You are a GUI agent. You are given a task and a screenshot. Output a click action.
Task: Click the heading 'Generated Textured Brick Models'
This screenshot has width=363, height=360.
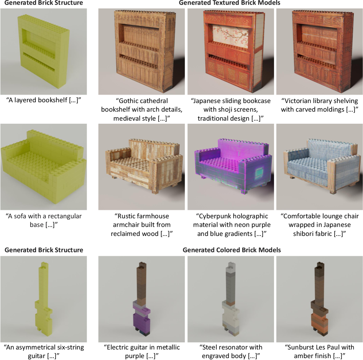[230, 3]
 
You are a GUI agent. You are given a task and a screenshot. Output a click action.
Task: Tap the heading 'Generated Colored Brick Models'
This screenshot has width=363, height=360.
[232, 250]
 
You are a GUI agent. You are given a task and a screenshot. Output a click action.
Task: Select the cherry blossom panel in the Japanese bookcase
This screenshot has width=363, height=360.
[231, 36]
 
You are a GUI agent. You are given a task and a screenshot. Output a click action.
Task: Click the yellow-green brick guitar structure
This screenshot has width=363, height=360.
[44, 298]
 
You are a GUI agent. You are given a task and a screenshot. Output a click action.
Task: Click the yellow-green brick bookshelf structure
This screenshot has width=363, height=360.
[44, 51]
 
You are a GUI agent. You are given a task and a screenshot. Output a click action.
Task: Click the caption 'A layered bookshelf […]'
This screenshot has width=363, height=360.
[44, 100]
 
